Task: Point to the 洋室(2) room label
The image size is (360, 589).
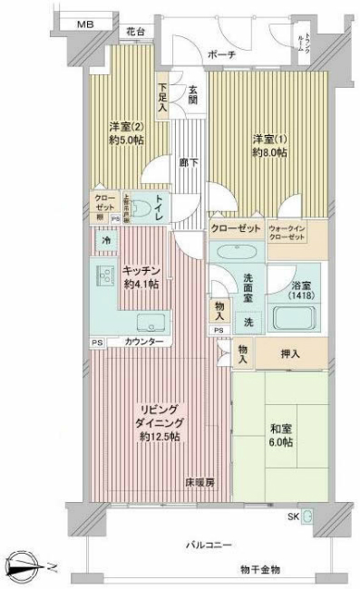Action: pyautogui.click(x=126, y=127)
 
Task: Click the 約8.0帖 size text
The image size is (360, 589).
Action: pyautogui.click(x=268, y=153)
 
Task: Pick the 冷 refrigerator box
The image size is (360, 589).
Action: pyautogui.click(x=106, y=242)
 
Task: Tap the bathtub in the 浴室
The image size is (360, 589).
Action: pyautogui.click(x=297, y=320)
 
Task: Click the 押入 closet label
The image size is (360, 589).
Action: pyautogui.click(x=290, y=354)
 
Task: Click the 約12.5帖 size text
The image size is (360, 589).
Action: pyautogui.click(x=160, y=437)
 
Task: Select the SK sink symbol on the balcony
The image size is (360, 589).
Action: pyautogui.click(x=306, y=517)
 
